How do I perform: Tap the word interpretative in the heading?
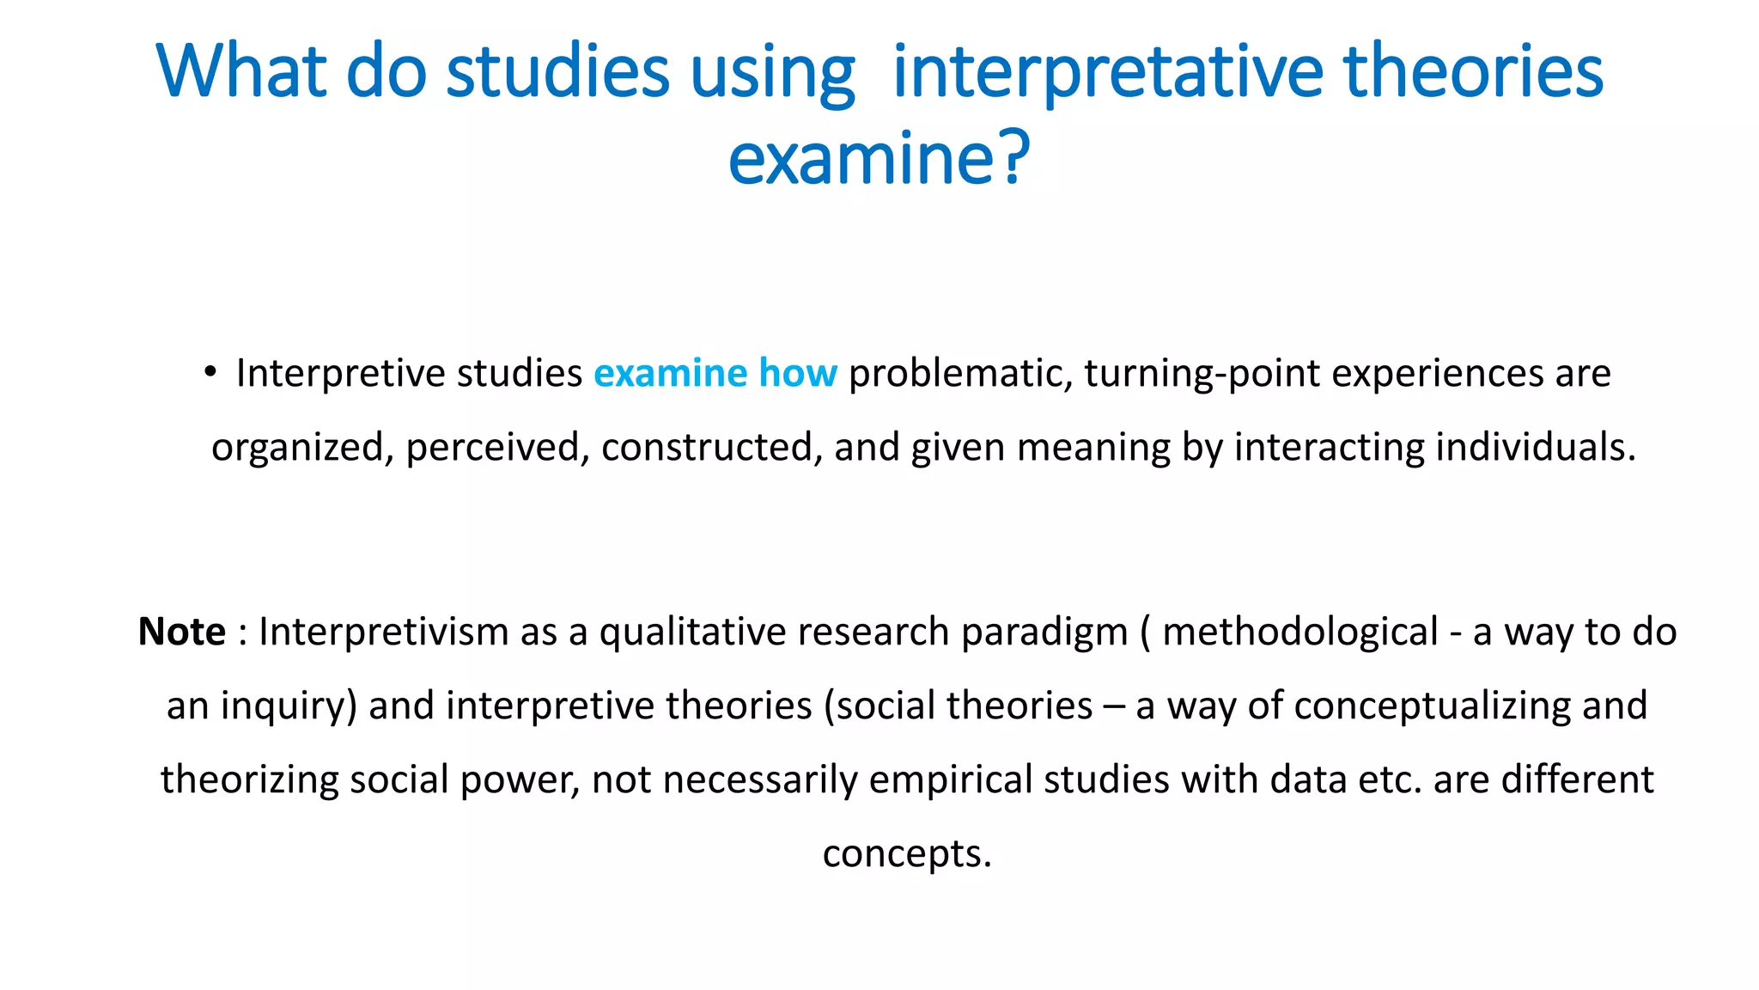pos(1107,73)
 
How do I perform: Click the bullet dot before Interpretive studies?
pos(210,372)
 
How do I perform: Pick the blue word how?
pos(797,373)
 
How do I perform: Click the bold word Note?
pos(182,632)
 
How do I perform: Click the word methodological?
pos(1299,632)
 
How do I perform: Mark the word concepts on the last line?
pos(906,854)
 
